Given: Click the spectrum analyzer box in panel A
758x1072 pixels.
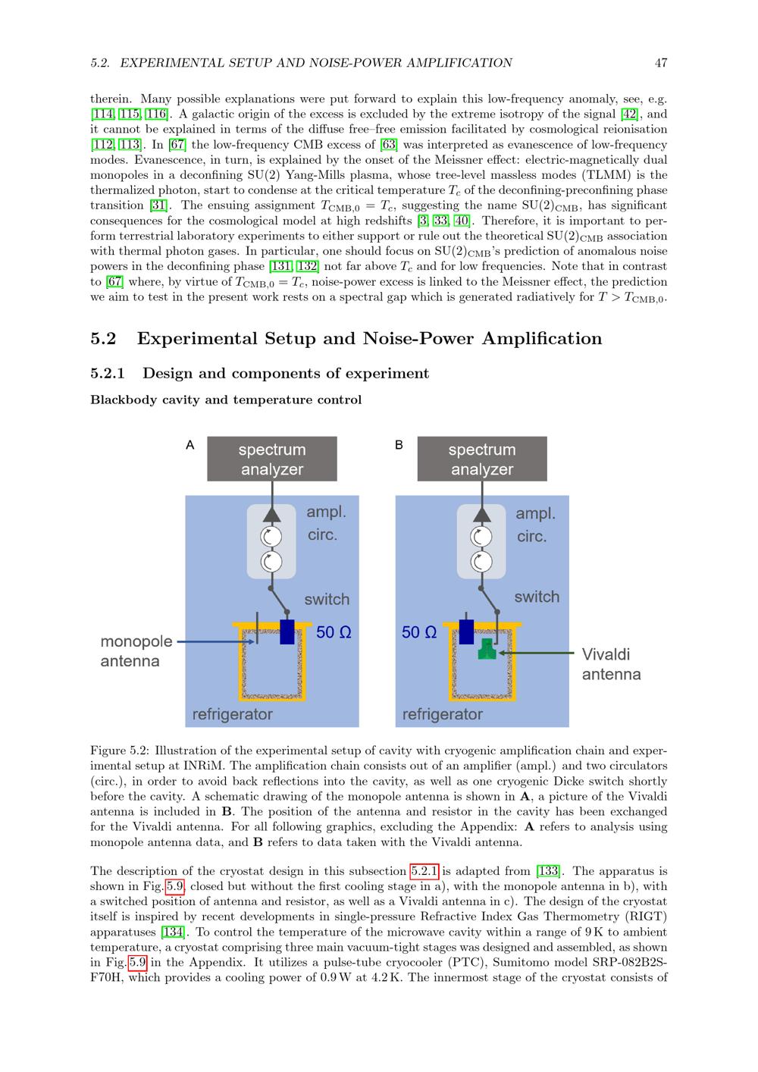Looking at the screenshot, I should (271, 459).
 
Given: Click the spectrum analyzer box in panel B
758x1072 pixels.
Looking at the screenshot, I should (481, 459).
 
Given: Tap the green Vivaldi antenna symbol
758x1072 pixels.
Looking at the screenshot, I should (487, 649).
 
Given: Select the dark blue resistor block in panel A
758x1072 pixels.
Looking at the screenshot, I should (287, 632).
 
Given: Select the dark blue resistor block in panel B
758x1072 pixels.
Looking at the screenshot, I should (466, 631).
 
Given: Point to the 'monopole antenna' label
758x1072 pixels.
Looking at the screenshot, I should (136, 651).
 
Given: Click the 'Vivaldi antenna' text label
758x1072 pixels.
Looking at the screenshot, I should (611, 664).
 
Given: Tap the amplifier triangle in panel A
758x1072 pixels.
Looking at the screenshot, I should (271, 513).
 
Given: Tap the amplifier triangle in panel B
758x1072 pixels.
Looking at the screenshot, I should (481, 514).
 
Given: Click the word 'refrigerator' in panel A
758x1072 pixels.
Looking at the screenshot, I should (232, 714).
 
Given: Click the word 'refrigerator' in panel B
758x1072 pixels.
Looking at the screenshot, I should (442, 714).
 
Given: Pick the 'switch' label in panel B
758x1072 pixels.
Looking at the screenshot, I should (537, 597).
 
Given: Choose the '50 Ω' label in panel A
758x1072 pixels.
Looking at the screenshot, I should (334, 632).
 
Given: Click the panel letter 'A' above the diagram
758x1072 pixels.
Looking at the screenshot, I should (190, 445).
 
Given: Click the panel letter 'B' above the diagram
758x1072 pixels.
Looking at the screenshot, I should (399, 445).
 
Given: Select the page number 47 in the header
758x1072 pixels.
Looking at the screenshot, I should (661, 63).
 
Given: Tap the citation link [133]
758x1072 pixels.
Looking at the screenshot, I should (547, 871).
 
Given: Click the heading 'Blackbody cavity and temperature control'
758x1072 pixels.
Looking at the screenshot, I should (226, 400).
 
